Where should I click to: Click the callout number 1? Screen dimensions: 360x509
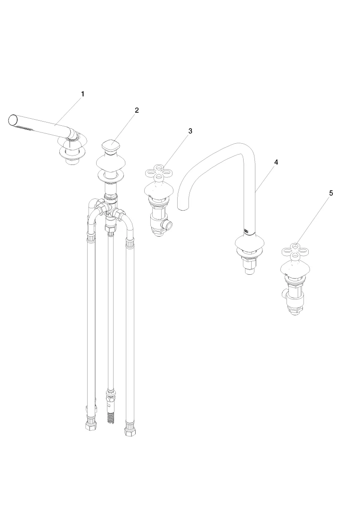[x=82, y=94]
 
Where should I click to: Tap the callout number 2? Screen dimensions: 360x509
[x=137, y=110]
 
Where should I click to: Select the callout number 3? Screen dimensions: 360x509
[x=190, y=131]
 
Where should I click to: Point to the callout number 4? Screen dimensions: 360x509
[x=276, y=162]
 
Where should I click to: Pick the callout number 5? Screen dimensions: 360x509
[x=331, y=193]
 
